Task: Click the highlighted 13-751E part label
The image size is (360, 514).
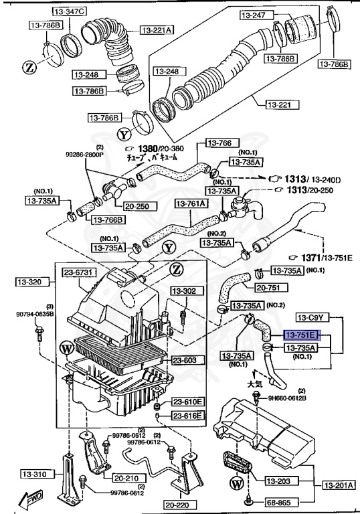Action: tap(302, 335)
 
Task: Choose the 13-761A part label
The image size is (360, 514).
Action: tap(191, 203)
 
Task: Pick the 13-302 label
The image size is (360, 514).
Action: tap(181, 291)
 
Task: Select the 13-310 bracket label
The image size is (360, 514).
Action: tap(25, 474)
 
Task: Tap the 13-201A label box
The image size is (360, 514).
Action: tap(338, 485)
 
